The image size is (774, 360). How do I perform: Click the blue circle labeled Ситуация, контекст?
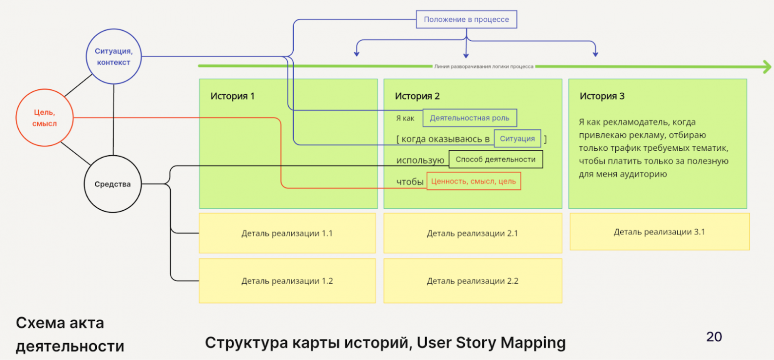[x=114, y=56]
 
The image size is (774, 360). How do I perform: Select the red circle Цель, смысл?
[x=45, y=118]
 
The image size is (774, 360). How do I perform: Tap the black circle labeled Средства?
[x=113, y=184]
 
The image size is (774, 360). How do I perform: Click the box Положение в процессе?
[x=466, y=20]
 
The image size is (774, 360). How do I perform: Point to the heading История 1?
[x=232, y=96]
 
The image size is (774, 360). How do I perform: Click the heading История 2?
[x=417, y=96]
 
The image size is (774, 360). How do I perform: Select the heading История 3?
[x=602, y=96]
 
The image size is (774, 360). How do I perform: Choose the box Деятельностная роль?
[x=469, y=119]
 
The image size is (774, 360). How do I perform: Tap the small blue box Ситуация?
[x=517, y=139]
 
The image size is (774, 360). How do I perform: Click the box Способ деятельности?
[x=495, y=160]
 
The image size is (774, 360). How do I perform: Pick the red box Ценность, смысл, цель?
[x=473, y=181]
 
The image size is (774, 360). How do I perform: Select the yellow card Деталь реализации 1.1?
[x=287, y=233]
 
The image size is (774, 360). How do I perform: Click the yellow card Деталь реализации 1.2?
[x=287, y=281]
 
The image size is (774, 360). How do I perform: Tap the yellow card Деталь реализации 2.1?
[x=472, y=233]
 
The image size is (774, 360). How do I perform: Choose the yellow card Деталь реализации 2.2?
[x=472, y=281]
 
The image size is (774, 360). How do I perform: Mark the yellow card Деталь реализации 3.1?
[x=659, y=232]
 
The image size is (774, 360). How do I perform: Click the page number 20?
[x=714, y=337]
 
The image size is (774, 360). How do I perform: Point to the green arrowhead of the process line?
[x=767, y=66]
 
